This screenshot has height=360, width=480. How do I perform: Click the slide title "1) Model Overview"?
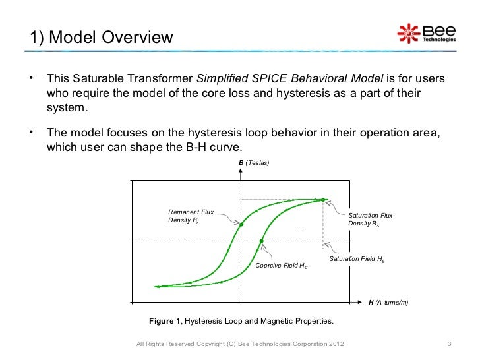[102, 38]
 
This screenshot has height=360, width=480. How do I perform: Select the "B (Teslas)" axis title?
[255, 162]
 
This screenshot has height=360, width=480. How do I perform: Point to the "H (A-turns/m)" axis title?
[388, 302]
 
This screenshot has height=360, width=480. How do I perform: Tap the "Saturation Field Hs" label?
[357, 259]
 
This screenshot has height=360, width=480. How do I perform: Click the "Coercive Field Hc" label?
[281, 266]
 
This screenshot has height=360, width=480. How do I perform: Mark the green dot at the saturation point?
[323, 199]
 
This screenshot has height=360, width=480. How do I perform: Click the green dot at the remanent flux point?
[241, 224]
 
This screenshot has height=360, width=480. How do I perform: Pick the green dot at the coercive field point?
[262, 241]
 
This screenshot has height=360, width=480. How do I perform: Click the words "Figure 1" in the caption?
[164, 321]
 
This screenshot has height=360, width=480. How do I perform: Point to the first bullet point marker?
[31, 80]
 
